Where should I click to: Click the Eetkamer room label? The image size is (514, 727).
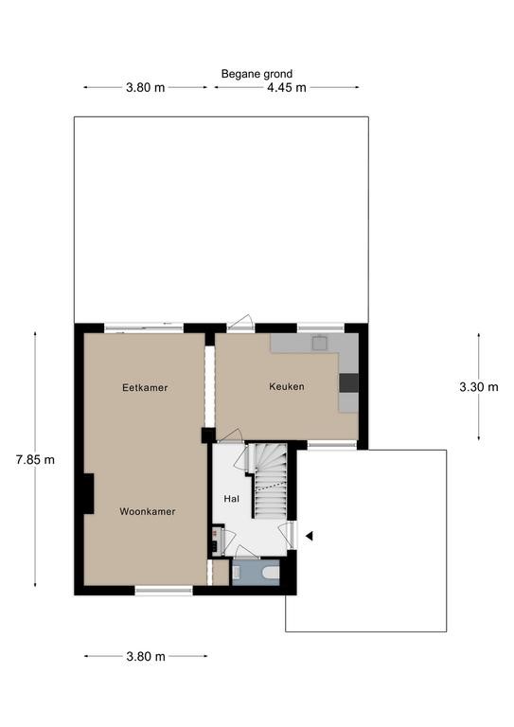pyautogui.click(x=145, y=387)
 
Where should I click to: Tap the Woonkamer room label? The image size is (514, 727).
pyautogui.click(x=148, y=511)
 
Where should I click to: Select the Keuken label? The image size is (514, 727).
pyautogui.click(x=287, y=386)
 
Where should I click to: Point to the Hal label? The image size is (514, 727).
pyautogui.click(x=232, y=499)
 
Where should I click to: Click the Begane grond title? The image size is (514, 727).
pyautogui.click(x=257, y=74)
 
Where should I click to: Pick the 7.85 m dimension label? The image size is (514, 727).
pyautogui.click(x=35, y=460)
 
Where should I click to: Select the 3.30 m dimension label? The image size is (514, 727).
pyautogui.click(x=479, y=387)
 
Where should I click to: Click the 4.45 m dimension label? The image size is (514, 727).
pyautogui.click(x=287, y=88)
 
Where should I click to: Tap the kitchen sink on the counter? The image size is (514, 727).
pyautogui.click(x=319, y=343)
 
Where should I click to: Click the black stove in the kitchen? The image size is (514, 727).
pyautogui.click(x=348, y=382)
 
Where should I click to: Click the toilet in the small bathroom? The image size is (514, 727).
pyautogui.click(x=271, y=574)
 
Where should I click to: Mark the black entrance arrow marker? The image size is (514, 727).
pyautogui.click(x=310, y=536)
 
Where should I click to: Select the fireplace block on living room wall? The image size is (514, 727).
pyautogui.click(x=89, y=493)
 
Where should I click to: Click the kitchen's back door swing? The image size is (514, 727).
pyautogui.click(x=239, y=323)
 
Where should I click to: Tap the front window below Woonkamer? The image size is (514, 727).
pyautogui.click(x=164, y=591)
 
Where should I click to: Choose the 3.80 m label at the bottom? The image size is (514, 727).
pyautogui.click(x=146, y=657)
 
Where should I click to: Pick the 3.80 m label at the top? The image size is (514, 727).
pyautogui.click(x=146, y=88)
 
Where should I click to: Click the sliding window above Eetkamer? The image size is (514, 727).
pyautogui.click(x=144, y=328)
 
